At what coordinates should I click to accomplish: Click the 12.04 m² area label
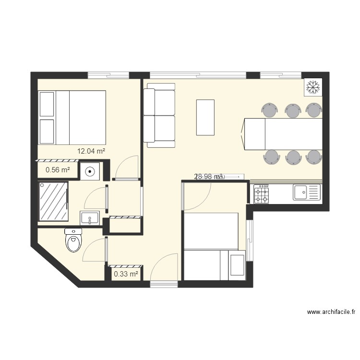(91, 151)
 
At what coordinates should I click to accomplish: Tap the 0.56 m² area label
(58, 169)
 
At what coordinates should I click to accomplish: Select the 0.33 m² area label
(126, 274)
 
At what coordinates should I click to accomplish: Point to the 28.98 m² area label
(209, 177)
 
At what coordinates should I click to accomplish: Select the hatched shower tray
(54, 202)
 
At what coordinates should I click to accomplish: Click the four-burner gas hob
(262, 193)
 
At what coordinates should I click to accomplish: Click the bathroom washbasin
(90, 218)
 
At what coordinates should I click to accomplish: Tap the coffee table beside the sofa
(205, 117)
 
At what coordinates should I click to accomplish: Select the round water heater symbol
(90, 170)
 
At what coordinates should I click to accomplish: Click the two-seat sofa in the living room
(160, 115)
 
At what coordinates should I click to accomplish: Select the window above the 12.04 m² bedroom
(108, 75)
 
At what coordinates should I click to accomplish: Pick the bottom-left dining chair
(271, 157)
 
